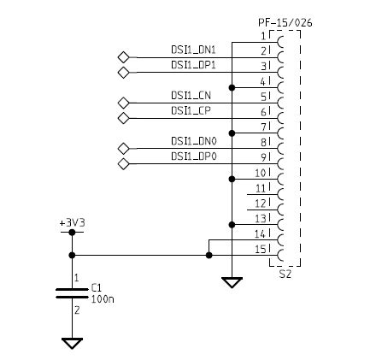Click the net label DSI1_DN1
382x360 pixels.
click(194, 50)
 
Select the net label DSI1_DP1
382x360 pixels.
click(194, 65)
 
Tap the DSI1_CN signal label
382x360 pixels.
click(191, 96)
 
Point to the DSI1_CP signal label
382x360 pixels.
click(191, 111)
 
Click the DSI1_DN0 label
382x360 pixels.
click(194, 141)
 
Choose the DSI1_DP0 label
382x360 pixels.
click(194, 156)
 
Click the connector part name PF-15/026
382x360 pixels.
click(285, 22)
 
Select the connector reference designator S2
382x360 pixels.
click(285, 274)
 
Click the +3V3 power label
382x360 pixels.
click(72, 222)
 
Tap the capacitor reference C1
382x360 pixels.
click(96, 288)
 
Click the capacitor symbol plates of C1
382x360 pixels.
click(72, 292)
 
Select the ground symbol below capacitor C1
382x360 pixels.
click(72, 343)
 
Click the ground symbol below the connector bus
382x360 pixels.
click(232, 282)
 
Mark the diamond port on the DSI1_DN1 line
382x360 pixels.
click(123, 57)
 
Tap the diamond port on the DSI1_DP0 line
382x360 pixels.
click(123, 163)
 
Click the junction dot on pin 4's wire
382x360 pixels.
click(232, 87)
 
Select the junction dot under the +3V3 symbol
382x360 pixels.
click(72, 255)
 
